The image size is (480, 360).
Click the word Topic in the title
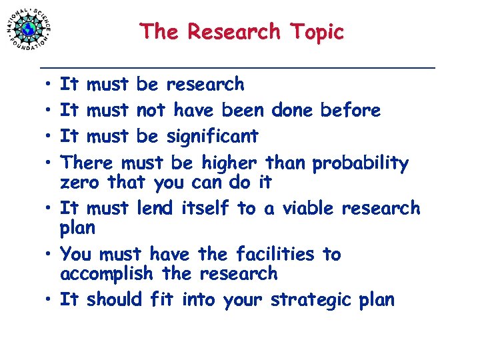[x=317, y=31]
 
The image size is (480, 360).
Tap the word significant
[x=212, y=137]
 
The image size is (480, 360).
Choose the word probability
[x=361, y=163]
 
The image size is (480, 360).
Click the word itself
[x=207, y=208]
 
